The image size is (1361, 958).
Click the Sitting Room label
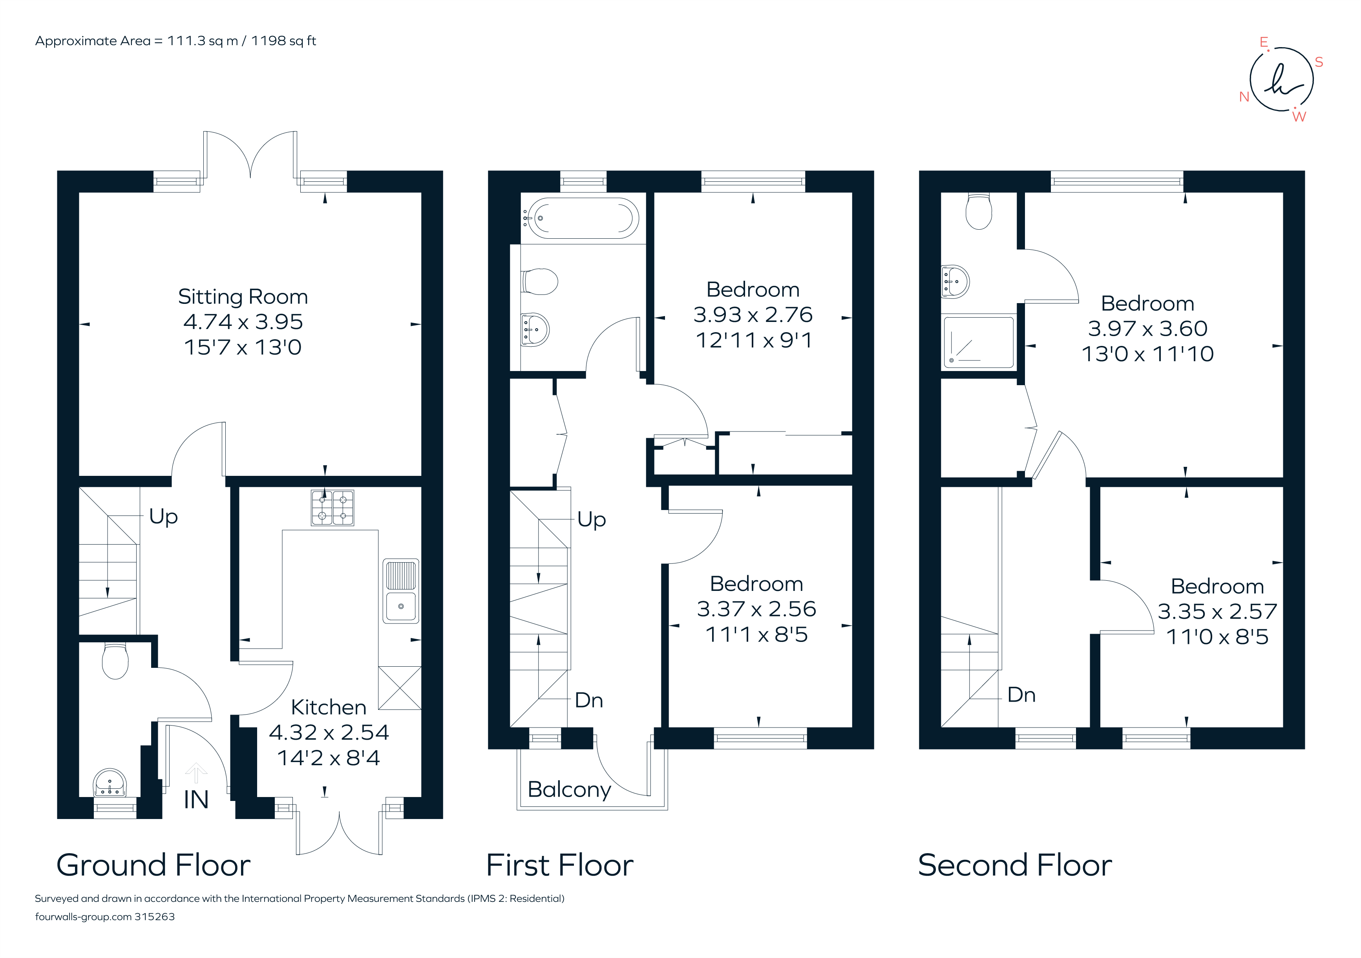(243, 296)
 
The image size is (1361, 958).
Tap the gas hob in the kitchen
(332, 508)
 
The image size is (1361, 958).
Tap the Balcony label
(569, 790)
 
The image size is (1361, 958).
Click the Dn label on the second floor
(1021, 695)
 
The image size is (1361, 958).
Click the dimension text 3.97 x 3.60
(1147, 328)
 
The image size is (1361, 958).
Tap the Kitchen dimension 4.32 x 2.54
(329, 733)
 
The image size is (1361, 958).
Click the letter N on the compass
(1244, 97)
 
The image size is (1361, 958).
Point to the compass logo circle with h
(1282, 79)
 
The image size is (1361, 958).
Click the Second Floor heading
(1015, 865)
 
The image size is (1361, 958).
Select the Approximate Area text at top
(175, 41)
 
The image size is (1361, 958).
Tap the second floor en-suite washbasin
(955, 282)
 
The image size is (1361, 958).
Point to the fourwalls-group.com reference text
(105, 916)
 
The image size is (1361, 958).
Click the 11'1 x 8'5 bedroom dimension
(756, 635)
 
